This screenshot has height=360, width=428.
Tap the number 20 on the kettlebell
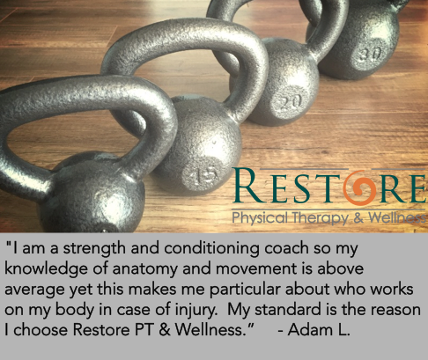tap(290, 102)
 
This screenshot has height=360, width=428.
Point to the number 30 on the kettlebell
tap(371, 55)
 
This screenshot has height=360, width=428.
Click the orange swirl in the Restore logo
tap(359, 187)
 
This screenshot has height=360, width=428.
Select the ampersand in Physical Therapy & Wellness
tap(359, 218)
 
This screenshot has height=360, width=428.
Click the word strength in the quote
tap(94, 249)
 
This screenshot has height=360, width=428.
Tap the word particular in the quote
tap(245, 290)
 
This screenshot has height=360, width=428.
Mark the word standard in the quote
tap(287, 310)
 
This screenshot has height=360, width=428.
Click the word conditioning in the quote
tap(211, 249)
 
